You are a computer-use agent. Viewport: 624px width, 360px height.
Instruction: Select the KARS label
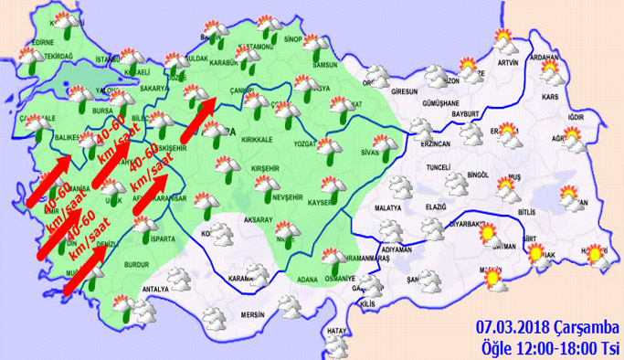click(x=550, y=96)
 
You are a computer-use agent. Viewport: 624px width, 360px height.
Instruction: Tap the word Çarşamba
click(x=586, y=326)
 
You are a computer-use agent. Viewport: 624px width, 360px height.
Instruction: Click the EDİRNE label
click(x=43, y=41)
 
